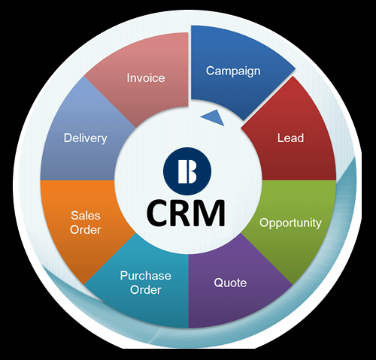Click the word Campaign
tap(233, 71)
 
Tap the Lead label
tap(290, 138)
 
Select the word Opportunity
tap(290, 223)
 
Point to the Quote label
tap(230, 283)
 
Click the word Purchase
tap(146, 276)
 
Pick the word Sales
tap(86, 216)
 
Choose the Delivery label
tap(86, 138)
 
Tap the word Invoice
tap(146, 78)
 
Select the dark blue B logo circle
tap(187, 171)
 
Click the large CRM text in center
tap(186, 213)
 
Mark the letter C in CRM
tap(158, 213)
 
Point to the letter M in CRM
tap(211, 213)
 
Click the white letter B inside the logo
tap(187, 171)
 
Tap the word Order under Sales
tap(86, 230)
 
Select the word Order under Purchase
tap(146, 290)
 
